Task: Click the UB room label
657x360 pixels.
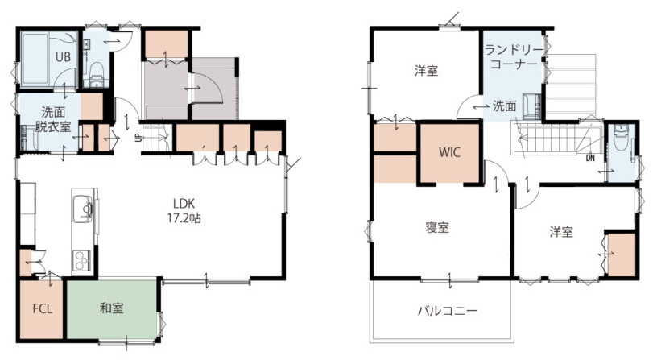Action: pyautogui.click(x=63, y=56)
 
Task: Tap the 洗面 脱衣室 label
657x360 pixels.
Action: pyautogui.click(x=53, y=119)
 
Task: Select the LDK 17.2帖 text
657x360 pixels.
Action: pyautogui.click(x=184, y=211)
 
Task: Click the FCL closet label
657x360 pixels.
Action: pyautogui.click(x=43, y=309)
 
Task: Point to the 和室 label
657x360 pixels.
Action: pyautogui.click(x=111, y=308)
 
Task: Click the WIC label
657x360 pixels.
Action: pyautogui.click(x=449, y=151)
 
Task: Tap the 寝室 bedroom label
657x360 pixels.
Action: pyautogui.click(x=437, y=228)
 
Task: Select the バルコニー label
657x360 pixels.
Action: pyautogui.click(x=448, y=311)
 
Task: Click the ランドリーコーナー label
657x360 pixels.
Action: pyautogui.click(x=514, y=57)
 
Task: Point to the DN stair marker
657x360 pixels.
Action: pyautogui.click(x=590, y=158)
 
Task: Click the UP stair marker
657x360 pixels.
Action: pyautogui.click(x=137, y=138)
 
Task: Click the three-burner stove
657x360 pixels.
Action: pyautogui.click(x=82, y=261)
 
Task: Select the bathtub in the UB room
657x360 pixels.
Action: pyautogui.click(x=35, y=59)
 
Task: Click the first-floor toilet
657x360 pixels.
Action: pyautogui.click(x=97, y=74)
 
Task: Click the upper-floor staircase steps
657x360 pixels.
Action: pyautogui.click(x=552, y=139)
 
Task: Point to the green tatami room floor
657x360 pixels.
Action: pyautogui.click(x=112, y=309)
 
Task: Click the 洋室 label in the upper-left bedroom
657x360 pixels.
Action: pyautogui.click(x=426, y=70)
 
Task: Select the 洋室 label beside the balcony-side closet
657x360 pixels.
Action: pyautogui.click(x=561, y=232)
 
